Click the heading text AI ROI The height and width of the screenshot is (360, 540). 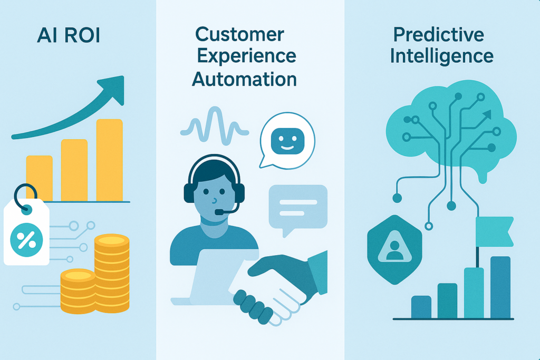[69, 35]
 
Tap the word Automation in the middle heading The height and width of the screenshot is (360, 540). [244, 79]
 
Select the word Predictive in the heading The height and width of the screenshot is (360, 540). [439, 34]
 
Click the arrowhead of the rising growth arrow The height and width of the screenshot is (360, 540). [113, 89]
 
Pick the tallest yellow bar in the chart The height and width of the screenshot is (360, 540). [110, 160]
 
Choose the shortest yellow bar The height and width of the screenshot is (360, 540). [39, 178]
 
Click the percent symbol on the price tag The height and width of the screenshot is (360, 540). [26, 240]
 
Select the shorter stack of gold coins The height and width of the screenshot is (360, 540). [78, 291]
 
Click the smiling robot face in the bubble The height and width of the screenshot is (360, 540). [287, 141]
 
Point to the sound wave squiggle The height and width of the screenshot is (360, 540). [215, 125]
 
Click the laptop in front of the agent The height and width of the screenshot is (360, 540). [214, 277]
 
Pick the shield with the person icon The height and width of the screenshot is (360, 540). [394, 250]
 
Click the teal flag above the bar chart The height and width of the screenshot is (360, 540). [495, 231]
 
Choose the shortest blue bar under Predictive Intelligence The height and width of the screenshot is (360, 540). [421, 307]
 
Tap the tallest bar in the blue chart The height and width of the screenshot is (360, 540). [500, 287]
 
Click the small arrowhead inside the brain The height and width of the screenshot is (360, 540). [487, 114]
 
